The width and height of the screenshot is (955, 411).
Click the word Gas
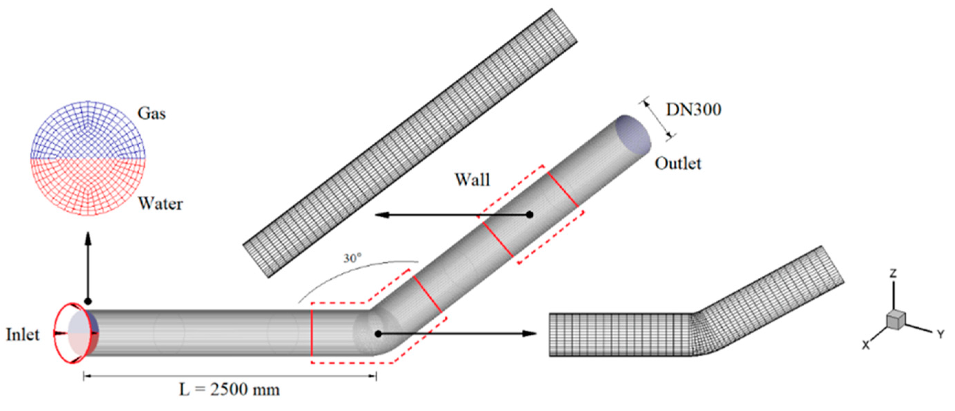[151, 113]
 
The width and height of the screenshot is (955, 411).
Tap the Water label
[161, 204]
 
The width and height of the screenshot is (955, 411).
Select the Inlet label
[23, 335]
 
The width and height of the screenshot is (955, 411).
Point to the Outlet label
[678, 164]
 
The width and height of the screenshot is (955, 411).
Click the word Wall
[472, 180]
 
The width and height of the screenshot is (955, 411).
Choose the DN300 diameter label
[694, 110]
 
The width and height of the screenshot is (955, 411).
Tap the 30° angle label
[352, 258]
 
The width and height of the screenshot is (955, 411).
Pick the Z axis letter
[893, 274]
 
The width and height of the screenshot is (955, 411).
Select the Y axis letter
[941, 335]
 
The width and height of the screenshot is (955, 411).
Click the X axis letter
[866, 345]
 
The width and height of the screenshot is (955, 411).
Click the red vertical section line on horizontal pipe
[312, 332]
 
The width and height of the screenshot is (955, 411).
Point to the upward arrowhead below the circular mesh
[88, 238]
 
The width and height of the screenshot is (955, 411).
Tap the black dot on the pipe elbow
[378, 334]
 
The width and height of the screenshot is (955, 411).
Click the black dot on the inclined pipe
[530, 214]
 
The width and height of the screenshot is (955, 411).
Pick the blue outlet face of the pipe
[633, 133]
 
